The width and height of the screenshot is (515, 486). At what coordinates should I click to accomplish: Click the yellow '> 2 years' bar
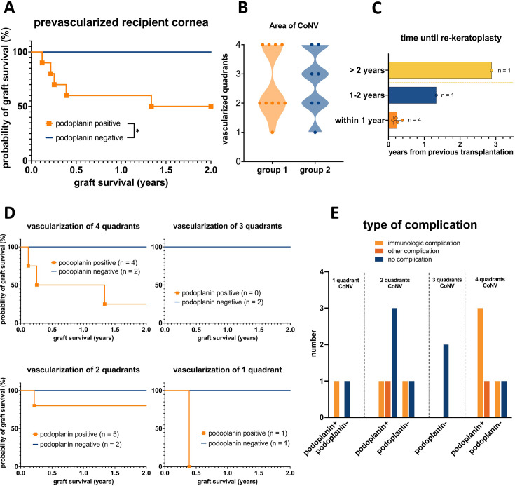click(439, 70)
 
